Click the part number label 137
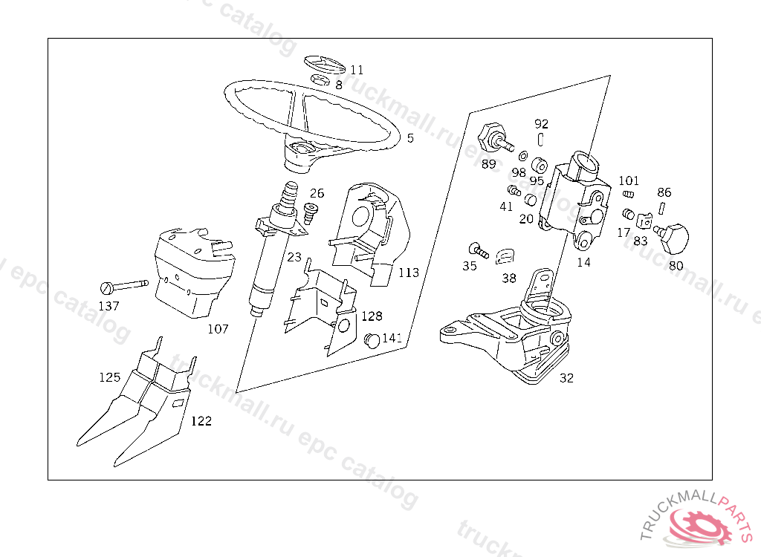tap(109, 305)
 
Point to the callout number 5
tap(410, 138)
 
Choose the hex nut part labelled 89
tap(491, 137)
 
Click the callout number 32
tap(566, 377)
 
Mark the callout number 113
tap(408, 273)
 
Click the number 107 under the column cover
tap(218, 328)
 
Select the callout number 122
tap(201, 421)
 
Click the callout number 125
tap(109, 377)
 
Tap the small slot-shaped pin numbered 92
tap(542, 139)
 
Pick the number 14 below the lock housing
tap(584, 261)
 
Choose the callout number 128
tap(372, 316)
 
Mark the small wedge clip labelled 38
tap(506, 256)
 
